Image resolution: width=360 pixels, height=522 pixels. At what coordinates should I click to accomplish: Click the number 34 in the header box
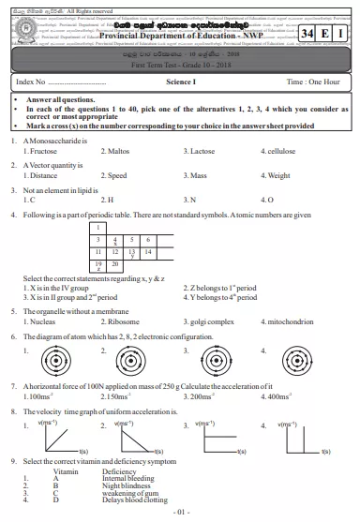[x=310, y=34]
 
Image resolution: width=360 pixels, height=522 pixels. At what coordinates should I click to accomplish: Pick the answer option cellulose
[x=281, y=150]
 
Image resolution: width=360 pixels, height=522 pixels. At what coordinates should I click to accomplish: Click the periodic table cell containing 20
[x=115, y=264]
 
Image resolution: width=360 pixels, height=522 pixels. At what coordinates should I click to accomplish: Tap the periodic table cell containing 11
[x=98, y=252]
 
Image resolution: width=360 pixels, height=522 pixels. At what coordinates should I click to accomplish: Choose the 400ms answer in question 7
[x=282, y=397]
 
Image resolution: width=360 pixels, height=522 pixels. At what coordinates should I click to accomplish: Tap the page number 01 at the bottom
[x=182, y=514]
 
